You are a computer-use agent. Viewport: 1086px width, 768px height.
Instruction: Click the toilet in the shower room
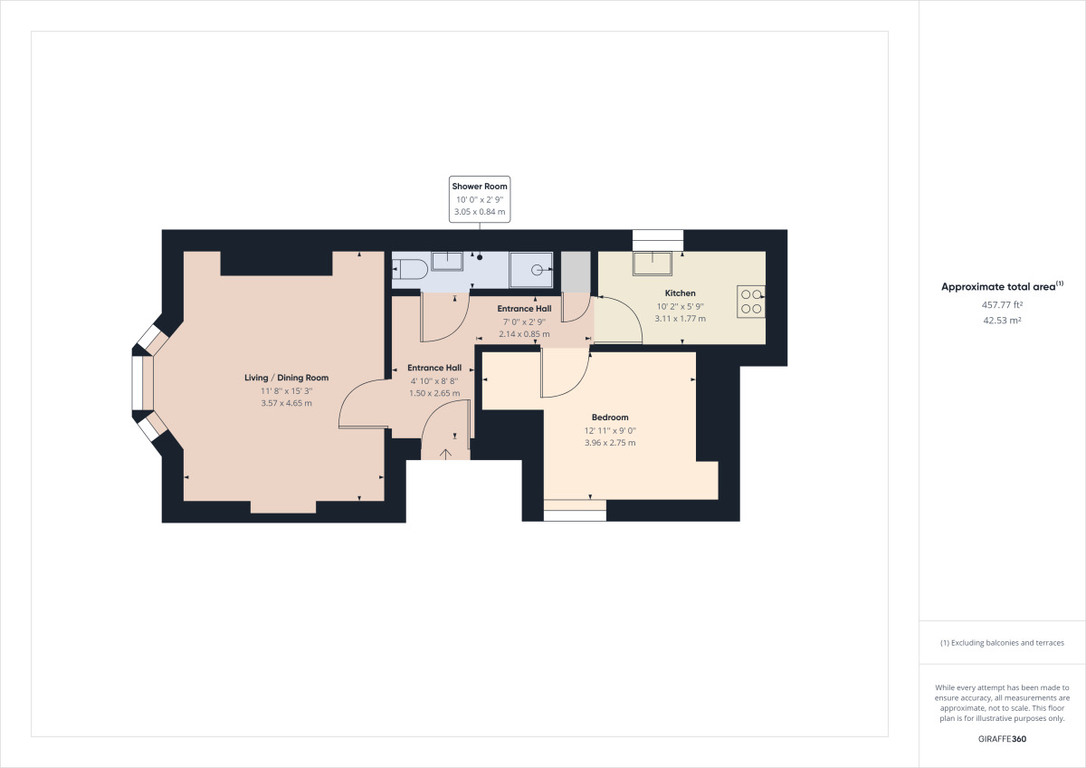409,268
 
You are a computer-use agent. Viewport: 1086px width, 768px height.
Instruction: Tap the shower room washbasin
447,261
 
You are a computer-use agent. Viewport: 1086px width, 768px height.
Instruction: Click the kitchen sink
653,262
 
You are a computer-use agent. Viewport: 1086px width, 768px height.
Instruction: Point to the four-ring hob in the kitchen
751,300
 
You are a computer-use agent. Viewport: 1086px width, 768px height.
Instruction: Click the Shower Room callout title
480,186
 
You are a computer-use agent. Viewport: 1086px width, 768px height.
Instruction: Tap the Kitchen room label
681,293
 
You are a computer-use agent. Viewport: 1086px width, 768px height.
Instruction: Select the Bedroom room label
610,418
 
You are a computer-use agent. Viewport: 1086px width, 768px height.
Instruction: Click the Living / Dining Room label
286,378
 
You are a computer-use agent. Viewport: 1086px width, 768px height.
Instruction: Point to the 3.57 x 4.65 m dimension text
286,403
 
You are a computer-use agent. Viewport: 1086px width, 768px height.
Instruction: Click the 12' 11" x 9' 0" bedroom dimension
610,430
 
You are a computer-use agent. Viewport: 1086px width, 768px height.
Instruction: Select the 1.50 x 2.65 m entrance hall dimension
434,393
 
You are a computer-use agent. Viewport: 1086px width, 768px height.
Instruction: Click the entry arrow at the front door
446,453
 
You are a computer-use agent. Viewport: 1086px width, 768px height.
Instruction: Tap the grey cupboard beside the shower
576,271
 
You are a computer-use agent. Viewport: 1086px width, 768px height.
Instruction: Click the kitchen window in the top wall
658,239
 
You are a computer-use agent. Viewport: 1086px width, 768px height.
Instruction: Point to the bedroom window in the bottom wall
575,511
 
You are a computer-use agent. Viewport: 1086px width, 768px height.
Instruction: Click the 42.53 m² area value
1002,320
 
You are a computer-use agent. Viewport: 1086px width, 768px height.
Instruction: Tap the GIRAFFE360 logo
1002,739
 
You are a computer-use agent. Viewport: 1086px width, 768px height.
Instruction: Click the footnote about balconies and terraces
1002,643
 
